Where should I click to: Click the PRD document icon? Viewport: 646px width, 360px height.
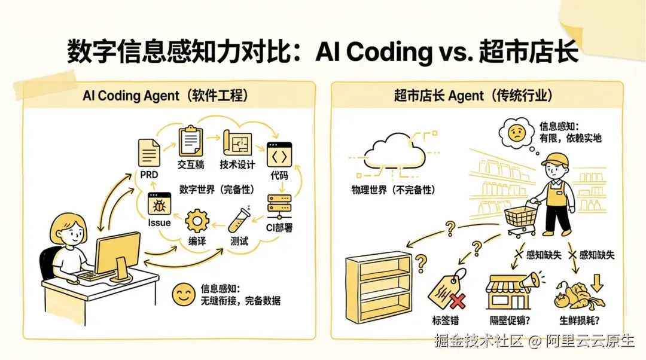[x=149, y=153]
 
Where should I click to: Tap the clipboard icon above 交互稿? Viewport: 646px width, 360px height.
[x=190, y=141]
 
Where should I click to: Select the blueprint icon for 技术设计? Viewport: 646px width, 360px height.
[x=237, y=143]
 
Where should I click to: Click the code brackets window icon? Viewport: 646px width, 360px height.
[x=279, y=154]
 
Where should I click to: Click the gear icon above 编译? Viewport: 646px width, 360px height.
[x=197, y=221]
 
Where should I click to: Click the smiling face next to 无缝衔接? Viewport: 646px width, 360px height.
[x=184, y=294]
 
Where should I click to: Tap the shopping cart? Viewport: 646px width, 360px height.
[x=522, y=218]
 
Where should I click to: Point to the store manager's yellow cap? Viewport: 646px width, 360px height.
[x=554, y=158]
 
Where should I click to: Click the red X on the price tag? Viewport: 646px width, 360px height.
[x=458, y=301]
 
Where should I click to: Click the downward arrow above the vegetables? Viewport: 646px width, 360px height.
[x=596, y=283]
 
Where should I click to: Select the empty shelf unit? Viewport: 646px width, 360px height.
[x=379, y=288]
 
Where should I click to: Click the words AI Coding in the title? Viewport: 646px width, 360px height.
[x=374, y=51]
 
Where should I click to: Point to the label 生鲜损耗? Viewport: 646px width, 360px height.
[x=579, y=321]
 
